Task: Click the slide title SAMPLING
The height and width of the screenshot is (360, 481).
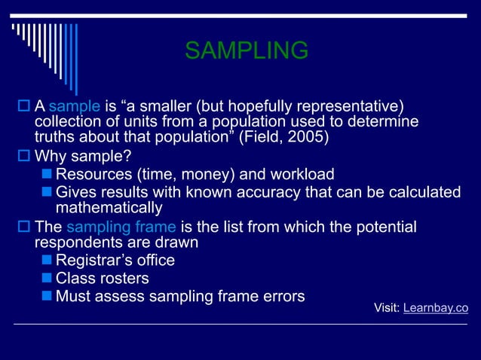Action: [x=247, y=50]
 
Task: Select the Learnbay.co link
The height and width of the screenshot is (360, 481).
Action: [x=436, y=308]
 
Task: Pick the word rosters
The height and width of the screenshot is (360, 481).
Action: [x=124, y=278]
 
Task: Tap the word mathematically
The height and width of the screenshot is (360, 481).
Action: [x=109, y=208]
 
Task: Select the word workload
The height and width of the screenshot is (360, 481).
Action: [x=301, y=175]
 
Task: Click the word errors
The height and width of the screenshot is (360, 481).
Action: [x=279, y=295]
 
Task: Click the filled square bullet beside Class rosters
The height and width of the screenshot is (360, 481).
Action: [x=47, y=279]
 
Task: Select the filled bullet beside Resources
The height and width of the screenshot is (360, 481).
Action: [x=47, y=175]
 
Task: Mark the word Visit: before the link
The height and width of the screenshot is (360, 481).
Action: [x=388, y=308]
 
